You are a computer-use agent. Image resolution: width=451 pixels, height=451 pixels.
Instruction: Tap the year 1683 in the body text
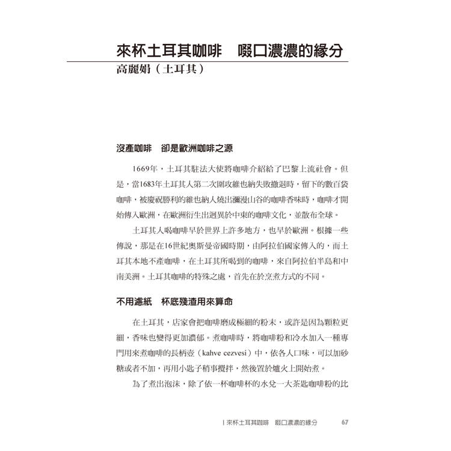point(143,183)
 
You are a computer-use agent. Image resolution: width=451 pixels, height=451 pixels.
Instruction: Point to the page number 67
point(345,422)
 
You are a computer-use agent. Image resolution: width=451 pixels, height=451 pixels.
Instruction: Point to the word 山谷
point(250,199)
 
